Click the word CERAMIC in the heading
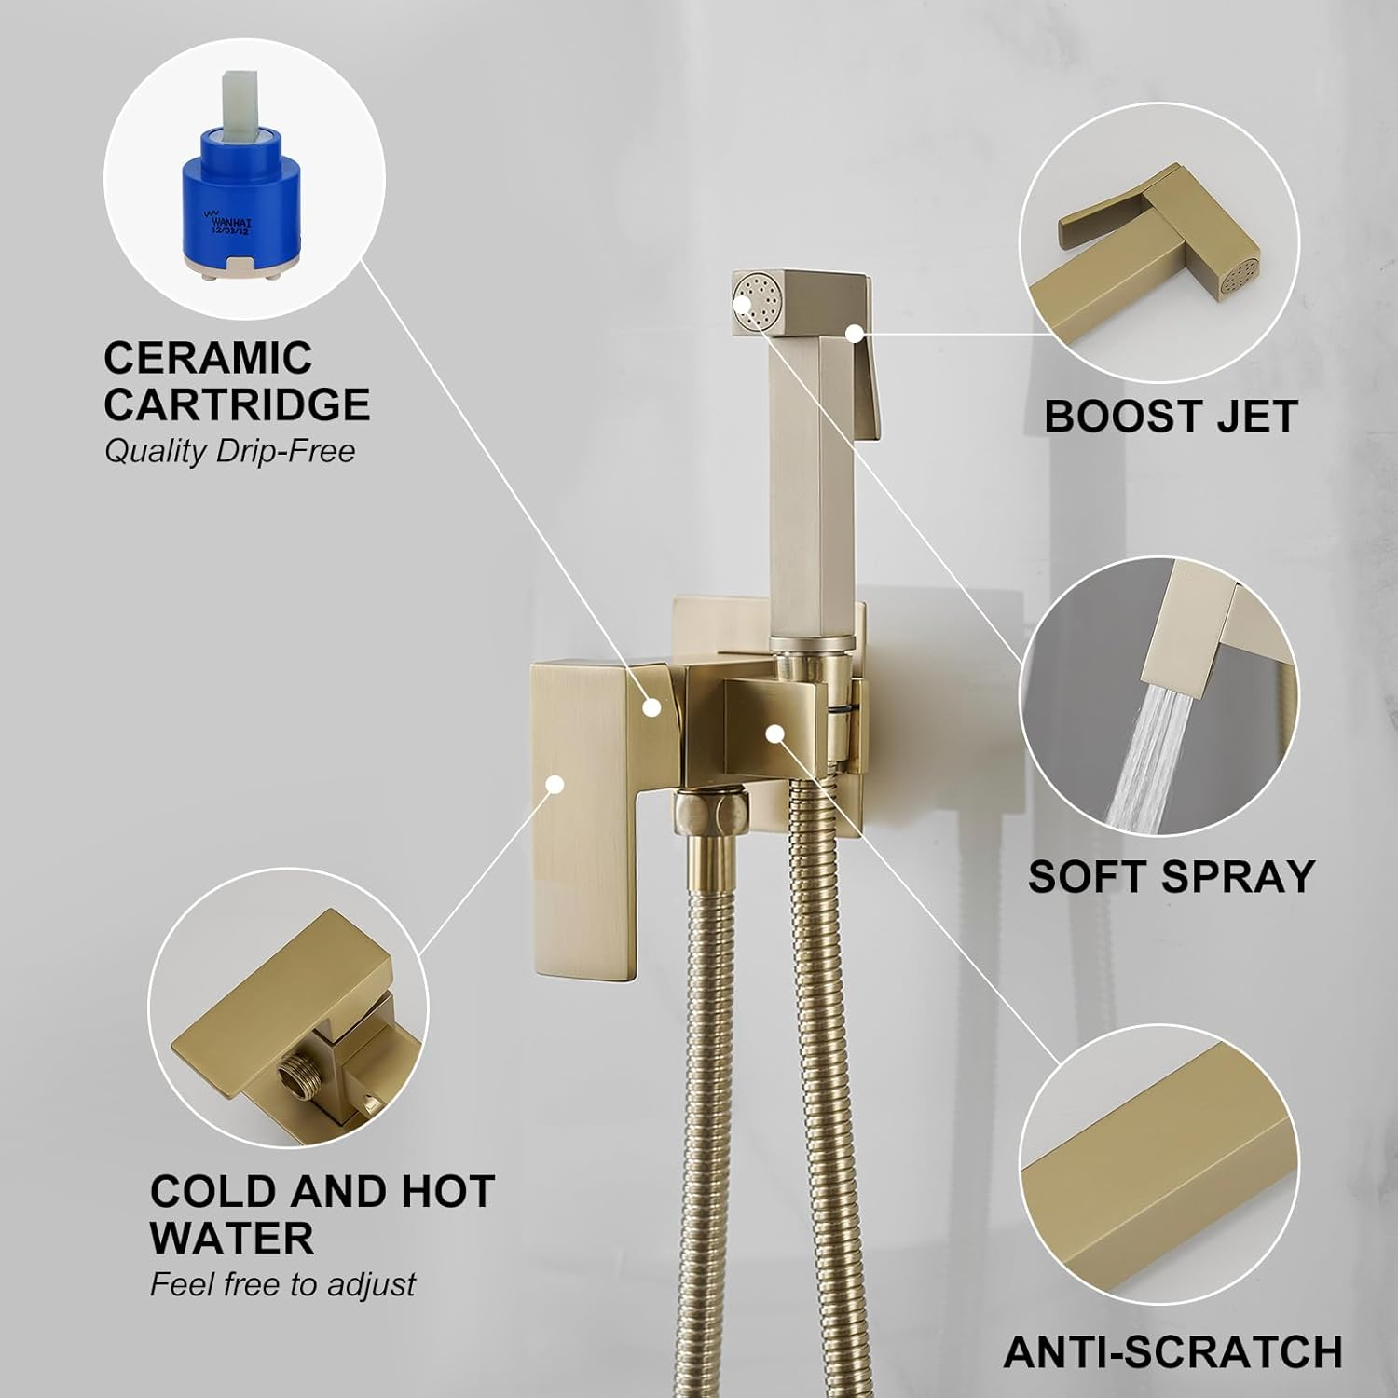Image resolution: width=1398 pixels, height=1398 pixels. pos(207,359)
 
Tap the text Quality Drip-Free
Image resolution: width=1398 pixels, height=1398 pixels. pos(229,452)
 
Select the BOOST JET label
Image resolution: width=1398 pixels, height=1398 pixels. pos(1170,417)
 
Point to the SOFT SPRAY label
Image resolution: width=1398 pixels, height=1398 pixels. pos(1171,877)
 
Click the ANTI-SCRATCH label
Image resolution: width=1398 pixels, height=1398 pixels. pos(1172,1352)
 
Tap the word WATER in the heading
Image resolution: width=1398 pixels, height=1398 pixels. pos(231,1239)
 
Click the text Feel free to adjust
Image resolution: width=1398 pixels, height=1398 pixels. pos(282,1285)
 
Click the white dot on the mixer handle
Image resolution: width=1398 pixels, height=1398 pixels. pos(555,784)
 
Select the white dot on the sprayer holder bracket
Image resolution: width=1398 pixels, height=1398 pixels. pos(773,733)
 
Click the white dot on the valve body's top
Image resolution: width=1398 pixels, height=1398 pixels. pos(652,707)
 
